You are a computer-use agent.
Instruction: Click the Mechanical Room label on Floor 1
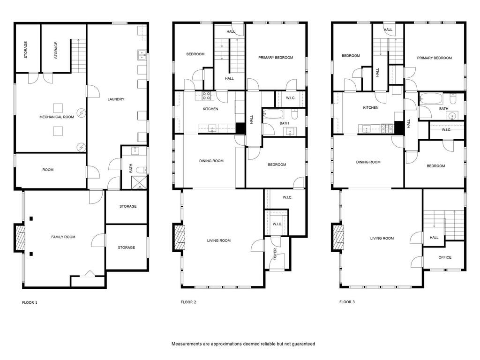(57, 117)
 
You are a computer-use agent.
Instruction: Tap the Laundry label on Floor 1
(116, 99)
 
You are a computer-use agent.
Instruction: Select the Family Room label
(63, 237)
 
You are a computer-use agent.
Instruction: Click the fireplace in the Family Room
(20, 238)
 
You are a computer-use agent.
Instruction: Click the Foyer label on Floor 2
(275, 254)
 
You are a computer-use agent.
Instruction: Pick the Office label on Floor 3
(445, 257)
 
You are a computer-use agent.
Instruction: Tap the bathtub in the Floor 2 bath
(273, 114)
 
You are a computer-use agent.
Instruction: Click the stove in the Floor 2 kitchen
(207, 96)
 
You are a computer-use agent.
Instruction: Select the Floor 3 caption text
(347, 302)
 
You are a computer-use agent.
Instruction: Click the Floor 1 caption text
(30, 302)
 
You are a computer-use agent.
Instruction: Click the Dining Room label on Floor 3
(368, 162)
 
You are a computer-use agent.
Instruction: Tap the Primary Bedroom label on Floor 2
(276, 58)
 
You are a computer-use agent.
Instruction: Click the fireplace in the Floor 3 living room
(338, 238)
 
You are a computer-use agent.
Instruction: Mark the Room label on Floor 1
(48, 170)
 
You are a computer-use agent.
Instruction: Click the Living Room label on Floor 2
(218, 240)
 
